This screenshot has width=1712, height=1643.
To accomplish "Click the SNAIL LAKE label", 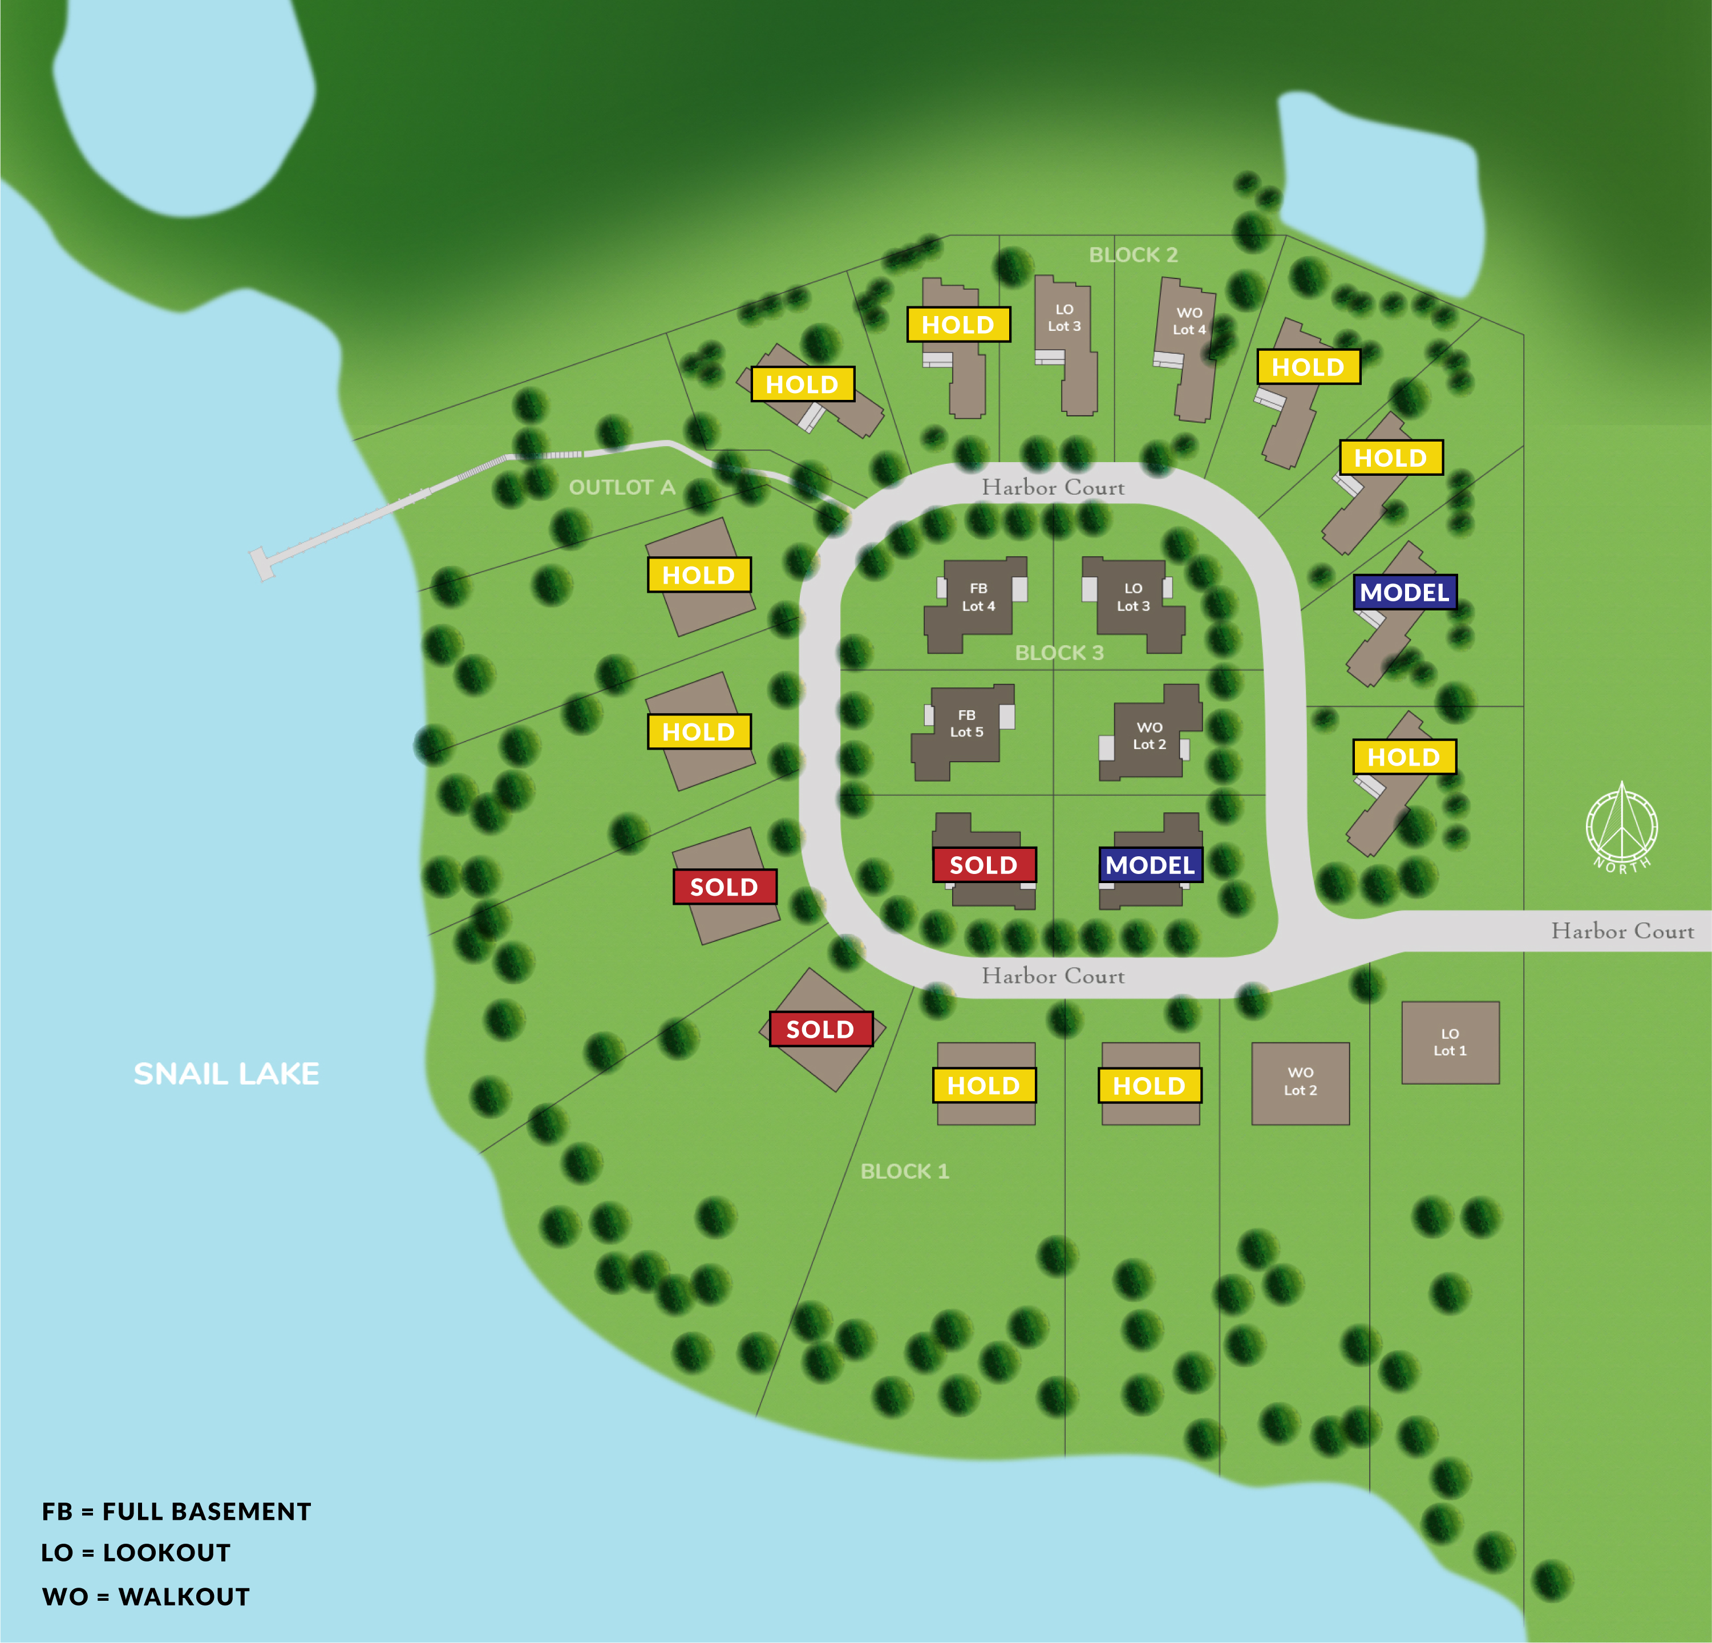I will (226, 1074).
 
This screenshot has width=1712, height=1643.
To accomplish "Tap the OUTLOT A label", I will (622, 487).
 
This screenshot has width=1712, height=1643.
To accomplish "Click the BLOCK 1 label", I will (904, 1171).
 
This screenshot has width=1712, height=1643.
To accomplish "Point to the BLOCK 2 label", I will (1133, 255).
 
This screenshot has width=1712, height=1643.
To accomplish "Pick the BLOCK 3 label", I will (1059, 653).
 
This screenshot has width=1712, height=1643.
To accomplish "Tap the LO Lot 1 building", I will (1450, 1042).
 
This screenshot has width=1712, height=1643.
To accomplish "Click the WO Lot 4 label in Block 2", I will (1189, 321).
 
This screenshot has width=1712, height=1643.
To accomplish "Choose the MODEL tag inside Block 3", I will (1150, 865).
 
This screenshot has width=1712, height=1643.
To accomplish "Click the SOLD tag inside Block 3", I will (984, 865).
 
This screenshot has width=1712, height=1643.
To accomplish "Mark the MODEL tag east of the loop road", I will (1404, 592).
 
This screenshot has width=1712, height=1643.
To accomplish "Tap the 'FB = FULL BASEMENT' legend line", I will (176, 1511).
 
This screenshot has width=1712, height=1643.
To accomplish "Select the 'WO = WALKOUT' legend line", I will (146, 1597).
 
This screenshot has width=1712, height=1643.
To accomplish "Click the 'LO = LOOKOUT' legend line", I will (136, 1552).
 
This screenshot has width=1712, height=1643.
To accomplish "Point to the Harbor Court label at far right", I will (1622, 931).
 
